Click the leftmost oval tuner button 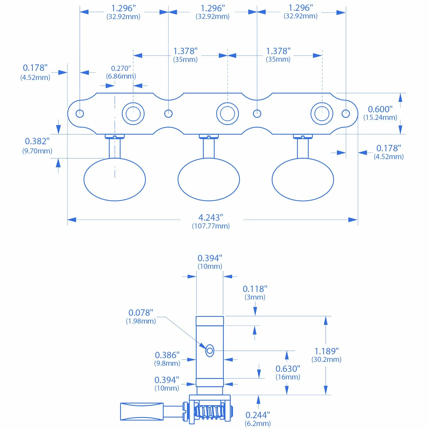click(115, 180)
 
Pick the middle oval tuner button click(209, 180)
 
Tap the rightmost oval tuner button click(303, 180)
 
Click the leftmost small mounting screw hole click(80, 114)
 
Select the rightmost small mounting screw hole click(346, 114)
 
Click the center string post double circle click(227, 114)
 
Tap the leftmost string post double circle click(133, 114)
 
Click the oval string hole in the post click(210, 351)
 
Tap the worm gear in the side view click(210, 412)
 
